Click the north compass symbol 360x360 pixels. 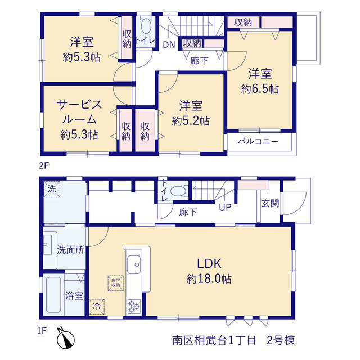click(65, 339)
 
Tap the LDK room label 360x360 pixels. click(209, 263)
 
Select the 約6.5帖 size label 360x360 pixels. click(260, 89)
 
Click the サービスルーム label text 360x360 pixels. click(79, 112)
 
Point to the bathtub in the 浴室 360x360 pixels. click(53, 295)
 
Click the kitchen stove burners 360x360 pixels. click(134, 306)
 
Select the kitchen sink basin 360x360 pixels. click(134, 264)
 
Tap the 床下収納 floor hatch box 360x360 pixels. click(116, 283)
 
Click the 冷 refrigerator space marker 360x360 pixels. click(97, 307)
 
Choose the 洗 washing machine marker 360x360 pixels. click(52, 189)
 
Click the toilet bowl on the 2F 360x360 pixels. click(146, 26)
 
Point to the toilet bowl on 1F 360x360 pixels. click(178, 191)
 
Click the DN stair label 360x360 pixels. click(169, 45)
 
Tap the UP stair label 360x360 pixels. click(225, 208)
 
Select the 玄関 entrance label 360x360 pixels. click(270, 203)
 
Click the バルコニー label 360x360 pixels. click(258, 141)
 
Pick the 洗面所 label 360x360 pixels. click(71, 250)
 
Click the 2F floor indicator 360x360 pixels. click(44, 165)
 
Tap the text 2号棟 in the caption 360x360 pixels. click(281, 340)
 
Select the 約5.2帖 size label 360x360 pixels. click(191, 121)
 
